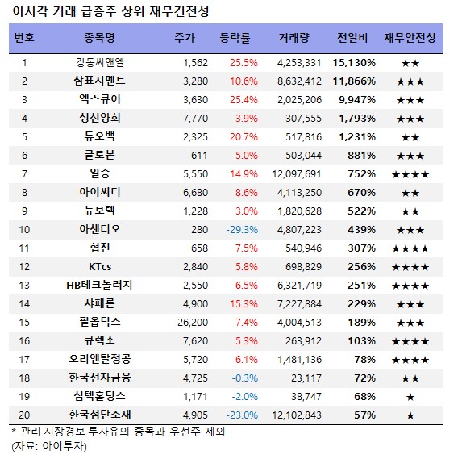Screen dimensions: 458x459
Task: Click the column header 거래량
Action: tap(294, 38)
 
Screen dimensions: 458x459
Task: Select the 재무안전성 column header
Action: tap(410, 38)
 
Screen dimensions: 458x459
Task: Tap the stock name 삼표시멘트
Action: tap(99, 81)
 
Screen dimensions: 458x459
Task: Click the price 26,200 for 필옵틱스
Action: tap(193, 323)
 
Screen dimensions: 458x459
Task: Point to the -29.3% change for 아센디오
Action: tap(242, 229)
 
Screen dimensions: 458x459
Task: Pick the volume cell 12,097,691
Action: tap(297, 174)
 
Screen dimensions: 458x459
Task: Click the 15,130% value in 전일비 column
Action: tap(354, 63)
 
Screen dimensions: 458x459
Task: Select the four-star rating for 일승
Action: tap(410, 175)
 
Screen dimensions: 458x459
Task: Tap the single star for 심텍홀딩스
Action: tap(410, 397)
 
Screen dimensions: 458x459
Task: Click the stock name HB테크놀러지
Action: tap(99, 285)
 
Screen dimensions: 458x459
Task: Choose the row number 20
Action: tap(24, 415)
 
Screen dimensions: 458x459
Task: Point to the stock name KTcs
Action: tap(100, 267)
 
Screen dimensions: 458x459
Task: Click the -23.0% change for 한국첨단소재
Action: tap(242, 415)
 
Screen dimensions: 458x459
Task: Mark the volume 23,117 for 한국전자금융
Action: tap(306, 378)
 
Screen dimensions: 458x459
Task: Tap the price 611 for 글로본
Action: tap(199, 156)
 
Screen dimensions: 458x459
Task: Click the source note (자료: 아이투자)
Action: tap(49, 446)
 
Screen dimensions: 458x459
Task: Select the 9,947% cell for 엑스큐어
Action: tap(357, 100)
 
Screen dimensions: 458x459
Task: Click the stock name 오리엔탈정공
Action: tap(99, 359)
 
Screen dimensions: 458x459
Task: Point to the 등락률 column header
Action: tap(235, 38)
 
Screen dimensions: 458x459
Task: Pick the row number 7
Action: tap(24, 174)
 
